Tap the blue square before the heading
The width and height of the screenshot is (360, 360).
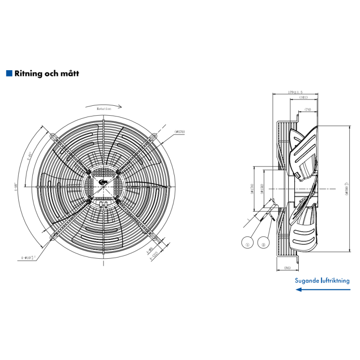[9, 73]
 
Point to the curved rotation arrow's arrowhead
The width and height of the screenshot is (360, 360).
[120, 107]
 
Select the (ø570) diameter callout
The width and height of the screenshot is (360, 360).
[180, 132]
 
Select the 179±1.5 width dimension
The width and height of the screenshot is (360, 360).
[295, 92]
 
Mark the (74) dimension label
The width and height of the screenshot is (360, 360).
[308, 109]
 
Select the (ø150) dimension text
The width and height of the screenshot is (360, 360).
[261, 189]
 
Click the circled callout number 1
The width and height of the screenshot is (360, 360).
[247, 245]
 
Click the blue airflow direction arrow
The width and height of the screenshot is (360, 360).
[322, 290]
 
